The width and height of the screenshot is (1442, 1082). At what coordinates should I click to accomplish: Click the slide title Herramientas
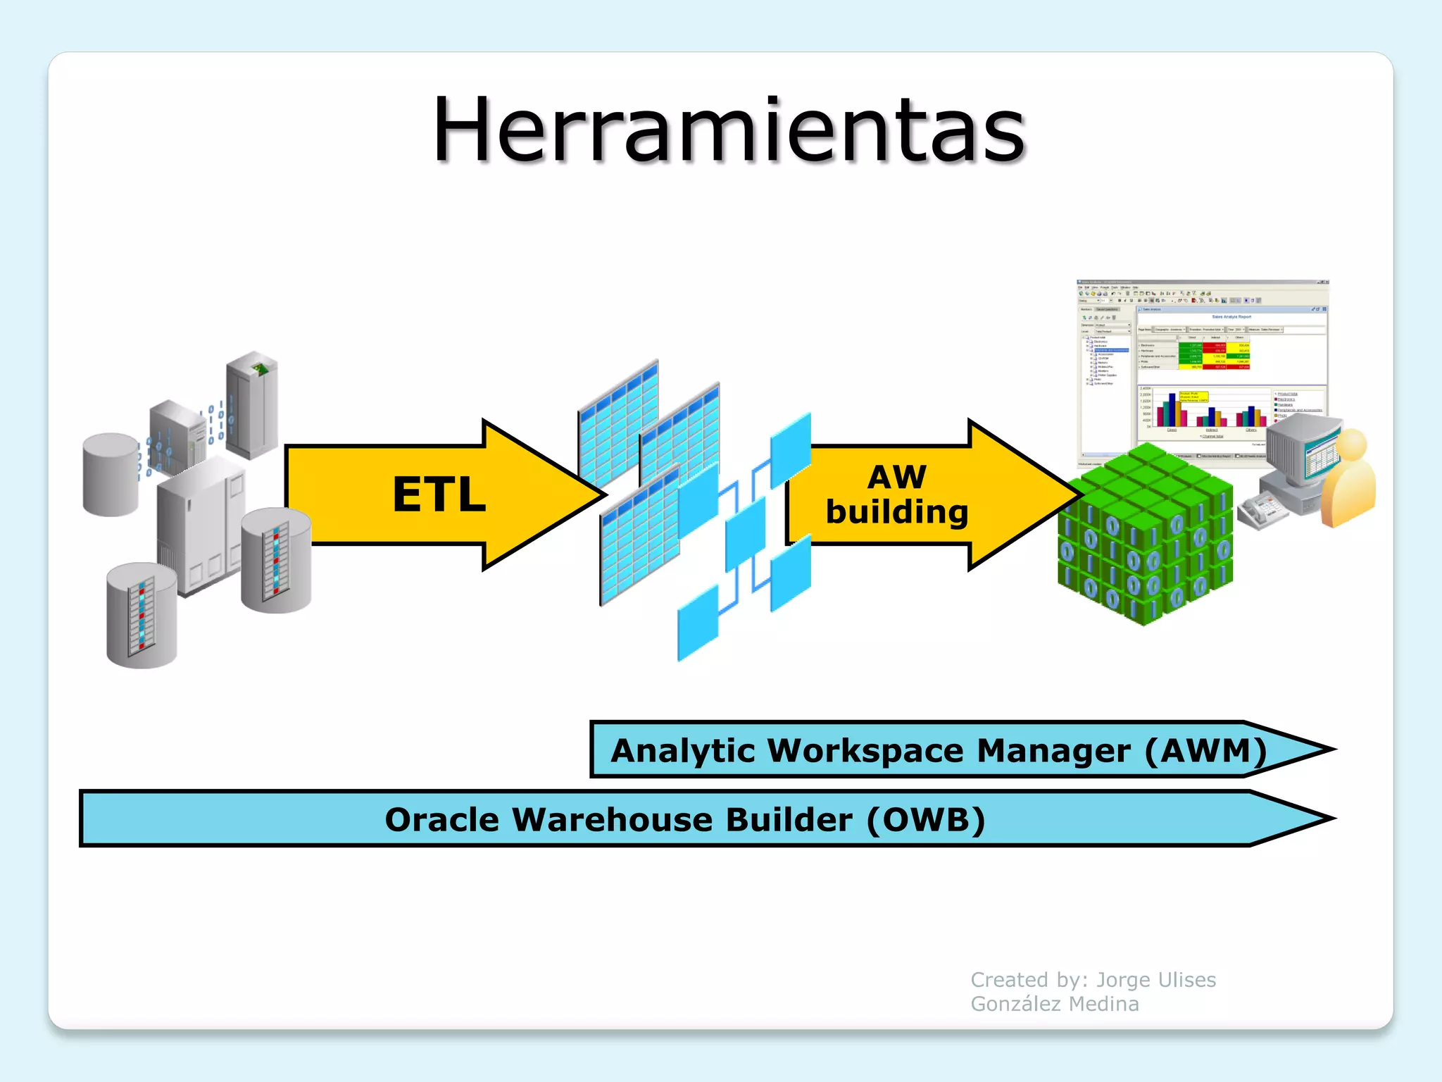(729, 130)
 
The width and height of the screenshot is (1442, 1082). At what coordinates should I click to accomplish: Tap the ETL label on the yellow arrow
(439, 495)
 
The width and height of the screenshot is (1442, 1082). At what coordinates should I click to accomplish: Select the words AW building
(896, 495)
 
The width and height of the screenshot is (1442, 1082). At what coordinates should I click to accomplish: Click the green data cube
(1146, 535)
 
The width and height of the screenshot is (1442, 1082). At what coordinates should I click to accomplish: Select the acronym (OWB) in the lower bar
(925, 819)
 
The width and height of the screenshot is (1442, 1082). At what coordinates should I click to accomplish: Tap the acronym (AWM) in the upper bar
(1206, 750)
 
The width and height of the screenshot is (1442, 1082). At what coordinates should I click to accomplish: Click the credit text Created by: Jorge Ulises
(1093, 980)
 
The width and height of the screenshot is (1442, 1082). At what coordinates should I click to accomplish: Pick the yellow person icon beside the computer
(1348, 479)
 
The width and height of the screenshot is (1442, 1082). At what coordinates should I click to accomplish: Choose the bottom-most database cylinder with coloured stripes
(142, 615)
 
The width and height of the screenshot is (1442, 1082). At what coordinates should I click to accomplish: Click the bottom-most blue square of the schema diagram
(697, 623)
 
